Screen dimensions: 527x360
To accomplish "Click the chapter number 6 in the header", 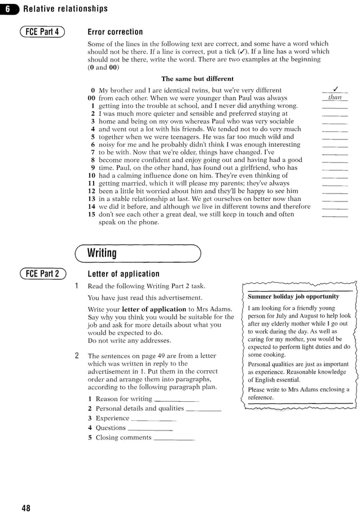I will click(8, 8).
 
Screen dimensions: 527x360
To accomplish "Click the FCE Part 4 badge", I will click(42, 32).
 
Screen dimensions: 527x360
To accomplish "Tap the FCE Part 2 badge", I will click(42, 274).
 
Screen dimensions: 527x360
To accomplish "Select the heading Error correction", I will click(115, 32).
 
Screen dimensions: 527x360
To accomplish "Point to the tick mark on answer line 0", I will click(335, 89).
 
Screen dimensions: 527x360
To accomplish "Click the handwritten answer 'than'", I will click(335, 98).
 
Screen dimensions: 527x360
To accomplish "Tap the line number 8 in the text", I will click(93, 160).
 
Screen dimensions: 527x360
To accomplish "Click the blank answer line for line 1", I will click(335, 106).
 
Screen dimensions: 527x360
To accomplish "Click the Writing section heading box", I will click(138, 253).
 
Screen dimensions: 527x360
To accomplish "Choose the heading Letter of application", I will click(124, 274).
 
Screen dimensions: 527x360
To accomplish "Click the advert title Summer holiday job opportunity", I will click(293, 296).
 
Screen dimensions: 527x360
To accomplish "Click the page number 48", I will click(26, 508).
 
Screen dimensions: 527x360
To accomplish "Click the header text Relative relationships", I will click(65, 8).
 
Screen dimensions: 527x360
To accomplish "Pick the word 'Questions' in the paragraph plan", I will click(111, 428).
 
